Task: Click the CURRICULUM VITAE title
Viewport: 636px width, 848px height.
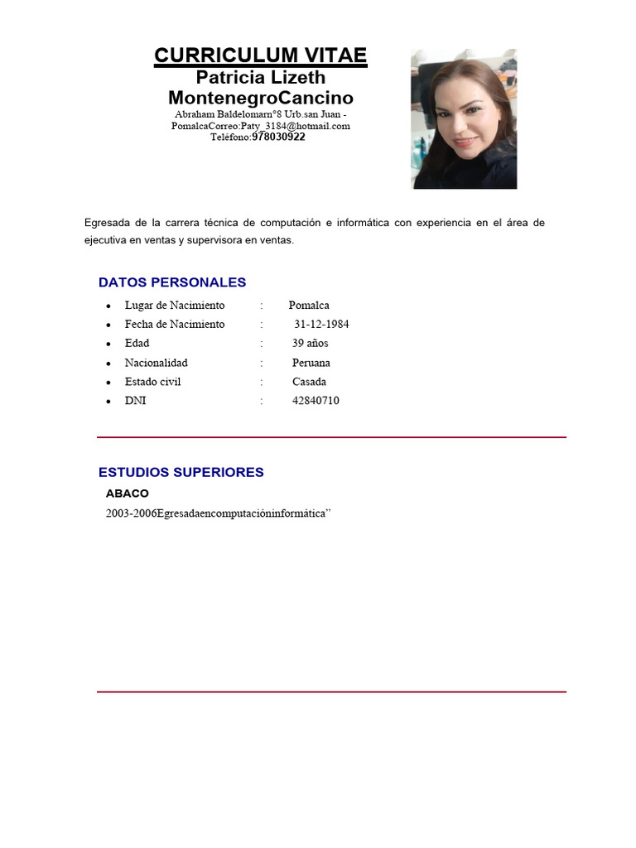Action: (260, 55)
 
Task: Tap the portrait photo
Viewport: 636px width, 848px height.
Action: (464, 118)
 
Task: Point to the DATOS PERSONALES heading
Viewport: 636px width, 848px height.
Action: (172, 282)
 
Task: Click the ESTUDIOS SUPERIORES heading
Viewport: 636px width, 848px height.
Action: (181, 473)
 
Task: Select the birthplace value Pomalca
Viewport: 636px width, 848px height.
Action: (309, 305)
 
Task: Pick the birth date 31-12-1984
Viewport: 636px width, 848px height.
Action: (321, 324)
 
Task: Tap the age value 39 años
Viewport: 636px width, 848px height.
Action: (310, 343)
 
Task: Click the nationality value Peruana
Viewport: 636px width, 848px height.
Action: (311, 363)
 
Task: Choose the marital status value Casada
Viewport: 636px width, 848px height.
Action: (309, 382)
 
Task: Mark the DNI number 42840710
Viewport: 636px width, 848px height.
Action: (316, 401)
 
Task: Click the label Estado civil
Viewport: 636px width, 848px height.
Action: (152, 382)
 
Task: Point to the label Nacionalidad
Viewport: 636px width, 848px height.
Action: (156, 363)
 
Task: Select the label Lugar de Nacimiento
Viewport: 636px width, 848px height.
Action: (175, 305)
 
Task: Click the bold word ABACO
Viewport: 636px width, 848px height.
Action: (128, 494)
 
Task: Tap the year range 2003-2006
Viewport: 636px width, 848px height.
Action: (131, 513)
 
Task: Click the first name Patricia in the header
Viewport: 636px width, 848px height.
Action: (230, 78)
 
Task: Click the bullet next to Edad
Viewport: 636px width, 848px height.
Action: (108, 344)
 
